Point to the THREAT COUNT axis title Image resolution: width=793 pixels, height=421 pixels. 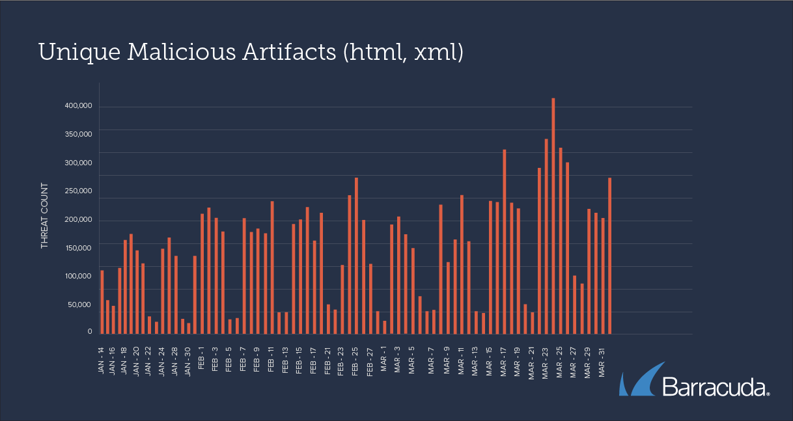click(45, 215)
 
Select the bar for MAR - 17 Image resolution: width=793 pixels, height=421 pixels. click(505, 241)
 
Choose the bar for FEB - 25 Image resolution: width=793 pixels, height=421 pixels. click(356, 256)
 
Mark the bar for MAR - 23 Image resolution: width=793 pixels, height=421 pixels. click(546, 236)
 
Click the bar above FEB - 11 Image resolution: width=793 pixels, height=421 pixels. click(272, 267)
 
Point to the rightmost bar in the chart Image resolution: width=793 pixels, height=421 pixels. click(610, 256)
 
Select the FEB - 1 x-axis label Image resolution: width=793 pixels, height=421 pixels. click(202, 358)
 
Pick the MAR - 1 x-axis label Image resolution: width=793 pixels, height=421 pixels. click(384, 358)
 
